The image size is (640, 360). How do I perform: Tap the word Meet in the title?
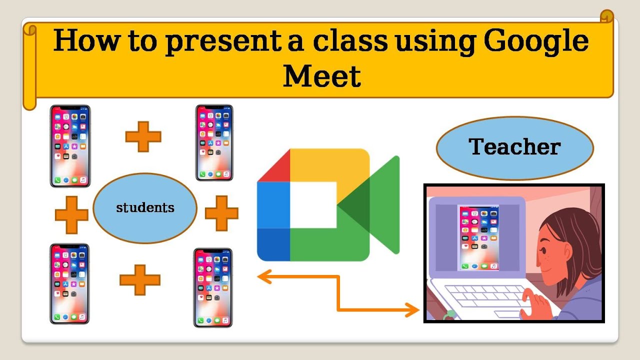pos(322,76)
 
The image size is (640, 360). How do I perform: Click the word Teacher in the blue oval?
pos(514,147)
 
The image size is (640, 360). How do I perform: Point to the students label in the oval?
pos(145,207)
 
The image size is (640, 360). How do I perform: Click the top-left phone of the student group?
pos(70,146)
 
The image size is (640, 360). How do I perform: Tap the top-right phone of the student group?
pos(214,142)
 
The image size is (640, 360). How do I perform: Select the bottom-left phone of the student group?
pos(69,283)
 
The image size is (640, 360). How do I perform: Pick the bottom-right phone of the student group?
pos(213,287)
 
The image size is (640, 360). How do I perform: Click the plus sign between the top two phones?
pos(143,136)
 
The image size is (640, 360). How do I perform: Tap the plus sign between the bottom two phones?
pos(140,279)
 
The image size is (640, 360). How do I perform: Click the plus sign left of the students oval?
pos(71,215)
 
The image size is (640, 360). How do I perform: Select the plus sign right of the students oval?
pos(221,213)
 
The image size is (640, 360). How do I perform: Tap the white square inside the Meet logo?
pos(313,204)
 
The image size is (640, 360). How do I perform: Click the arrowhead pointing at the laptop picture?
pos(413,310)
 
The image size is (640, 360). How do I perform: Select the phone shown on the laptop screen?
pos(478,238)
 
